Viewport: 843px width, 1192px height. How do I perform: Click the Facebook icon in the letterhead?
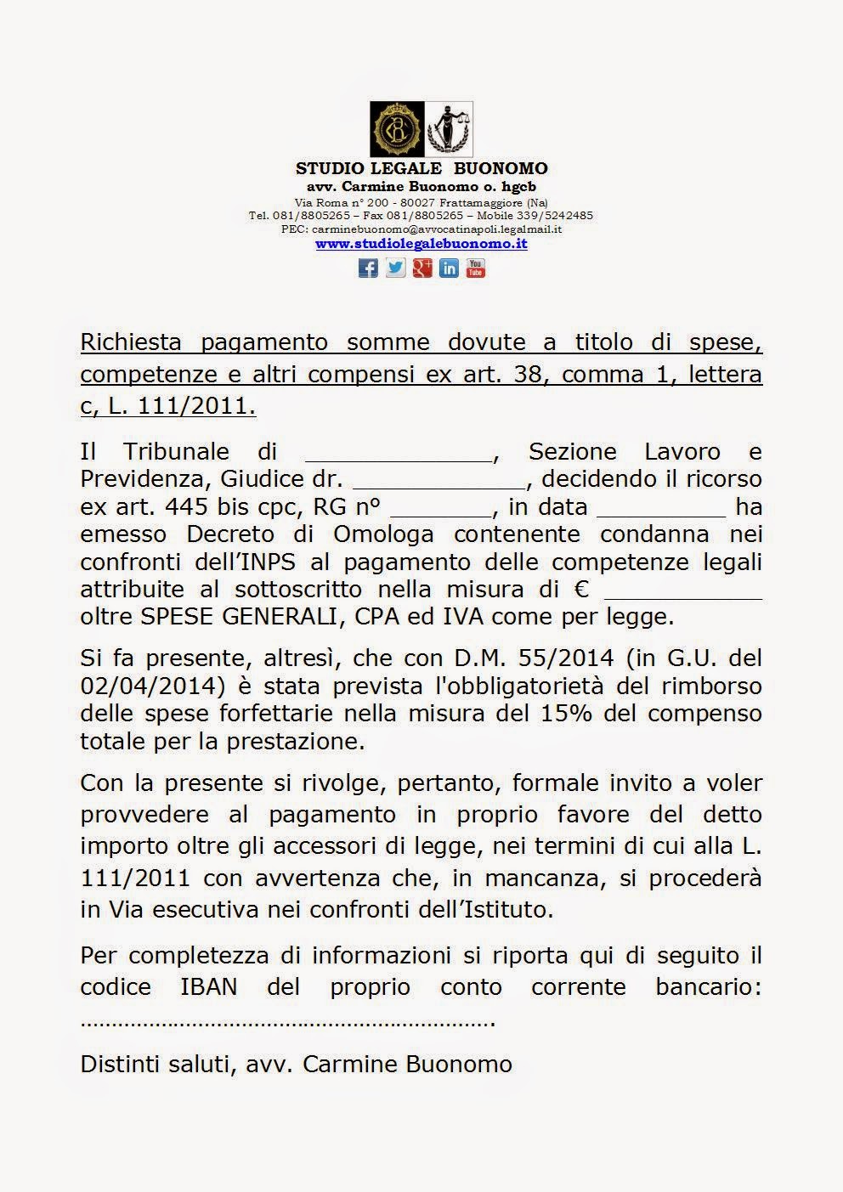point(368,268)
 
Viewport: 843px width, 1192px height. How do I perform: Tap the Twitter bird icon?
point(395,268)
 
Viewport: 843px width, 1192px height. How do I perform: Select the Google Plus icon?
point(422,268)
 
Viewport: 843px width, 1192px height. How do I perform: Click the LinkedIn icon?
point(449,268)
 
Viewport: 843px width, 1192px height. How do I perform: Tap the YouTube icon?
point(476,268)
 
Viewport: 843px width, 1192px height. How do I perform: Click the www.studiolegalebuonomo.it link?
point(421,244)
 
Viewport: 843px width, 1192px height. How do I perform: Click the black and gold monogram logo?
point(396,129)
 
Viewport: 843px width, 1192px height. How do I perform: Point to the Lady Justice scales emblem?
point(448,129)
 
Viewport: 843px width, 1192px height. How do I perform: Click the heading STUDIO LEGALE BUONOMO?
point(421,168)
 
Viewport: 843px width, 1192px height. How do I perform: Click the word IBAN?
point(209,987)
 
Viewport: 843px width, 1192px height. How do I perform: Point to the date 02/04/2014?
point(136,686)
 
